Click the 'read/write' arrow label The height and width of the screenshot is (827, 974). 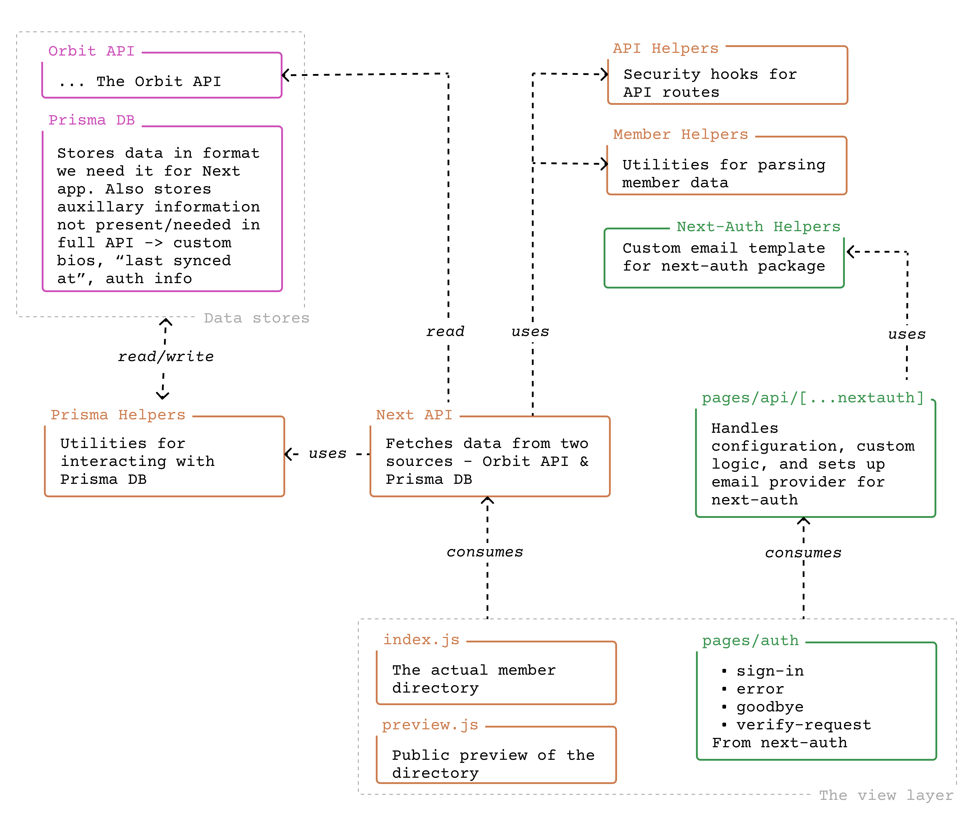(x=166, y=357)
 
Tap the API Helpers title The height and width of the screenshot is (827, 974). (x=665, y=48)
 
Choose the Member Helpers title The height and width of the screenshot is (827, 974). (x=680, y=135)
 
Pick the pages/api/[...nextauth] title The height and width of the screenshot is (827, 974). (x=812, y=398)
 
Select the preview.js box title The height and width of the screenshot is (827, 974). (x=430, y=725)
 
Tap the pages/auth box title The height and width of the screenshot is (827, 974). (x=750, y=641)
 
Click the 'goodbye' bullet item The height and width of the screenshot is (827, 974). (x=770, y=707)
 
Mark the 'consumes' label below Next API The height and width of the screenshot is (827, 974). (x=485, y=552)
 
